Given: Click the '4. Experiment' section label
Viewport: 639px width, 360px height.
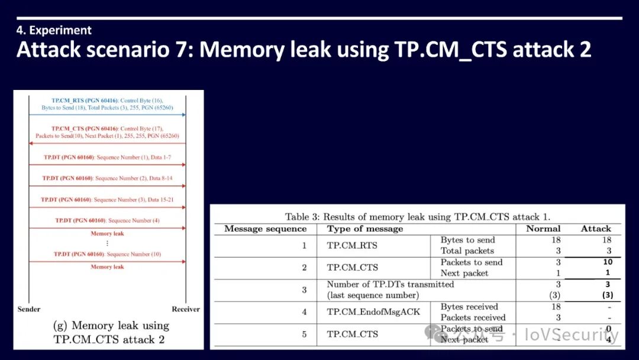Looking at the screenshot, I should pyautogui.click(x=54, y=30).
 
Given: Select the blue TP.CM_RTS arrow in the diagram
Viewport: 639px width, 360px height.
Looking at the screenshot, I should pyautogui.click(x=106, y=114).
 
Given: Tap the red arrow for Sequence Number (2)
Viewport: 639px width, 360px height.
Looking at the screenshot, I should pyautogui.click(x=106, y=186).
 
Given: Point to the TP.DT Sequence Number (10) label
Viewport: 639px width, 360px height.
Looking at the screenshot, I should pyautogui.click(x=106, y=254).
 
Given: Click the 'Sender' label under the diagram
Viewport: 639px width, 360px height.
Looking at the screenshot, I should pyautogui.click(x=29, y=309).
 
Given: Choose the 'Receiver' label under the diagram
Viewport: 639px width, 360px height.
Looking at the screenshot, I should pyautogui.click(x=186, y=309).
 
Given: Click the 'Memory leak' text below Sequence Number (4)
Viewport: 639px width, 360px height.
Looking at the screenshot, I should pyautogui.click(x=107, y=233).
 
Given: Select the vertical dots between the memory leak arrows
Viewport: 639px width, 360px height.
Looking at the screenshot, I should pyautogui.click(x=107, y=243).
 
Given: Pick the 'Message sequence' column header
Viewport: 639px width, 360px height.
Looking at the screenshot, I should pyautogui.click(x=265, y=229).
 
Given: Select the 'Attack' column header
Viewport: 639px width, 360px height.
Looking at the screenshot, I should pyautogui.click(x=595, y=229).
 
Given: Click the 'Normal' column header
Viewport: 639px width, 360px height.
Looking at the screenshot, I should pyautogui.click(x=543, y=229).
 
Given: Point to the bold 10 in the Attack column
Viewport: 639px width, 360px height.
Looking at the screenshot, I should pyautogui.click(x=608, y=262).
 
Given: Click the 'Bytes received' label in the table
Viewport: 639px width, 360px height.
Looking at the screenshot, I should pyautogui.click(x=469, y=307).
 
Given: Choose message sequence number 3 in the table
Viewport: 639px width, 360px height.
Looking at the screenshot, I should pyautogui.click(x=304, y=290).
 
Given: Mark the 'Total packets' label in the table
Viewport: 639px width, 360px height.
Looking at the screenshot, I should pyautogui.click(x=467, y=251).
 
